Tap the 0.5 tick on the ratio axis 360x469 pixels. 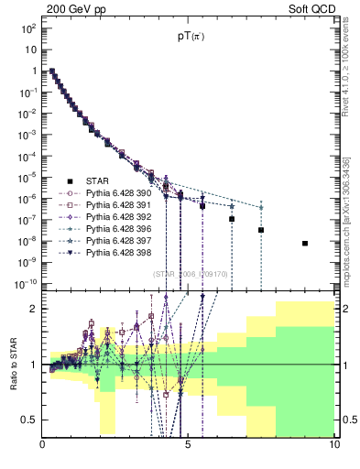pyautogui.click(x=29, y=420)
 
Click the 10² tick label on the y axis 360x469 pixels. pyautogui.click(x=27, y=28)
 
